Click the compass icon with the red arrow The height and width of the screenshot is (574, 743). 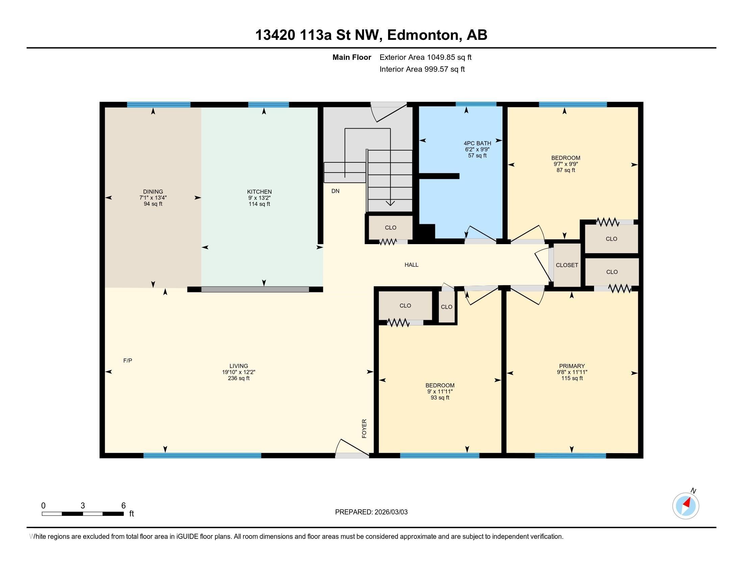[686, 506]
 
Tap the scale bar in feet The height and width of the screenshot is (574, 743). [83, 514]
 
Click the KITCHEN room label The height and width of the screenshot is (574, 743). [259, 192]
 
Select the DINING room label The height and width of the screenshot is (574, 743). [153, 192]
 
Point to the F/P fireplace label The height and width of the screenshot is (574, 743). [128, 361]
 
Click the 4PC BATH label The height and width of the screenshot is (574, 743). [477, 143]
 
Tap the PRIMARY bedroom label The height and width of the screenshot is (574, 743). [572, 366]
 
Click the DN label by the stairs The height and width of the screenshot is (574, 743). [335, 191]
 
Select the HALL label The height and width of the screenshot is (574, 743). [411, 265]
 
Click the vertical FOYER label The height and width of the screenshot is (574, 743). [364, 428]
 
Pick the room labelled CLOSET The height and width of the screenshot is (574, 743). [567, 265]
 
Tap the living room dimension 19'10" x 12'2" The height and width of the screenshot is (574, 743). [238, 372]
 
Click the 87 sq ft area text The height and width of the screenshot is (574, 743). [566, 170]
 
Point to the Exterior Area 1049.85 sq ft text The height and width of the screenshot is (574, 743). [425, 57]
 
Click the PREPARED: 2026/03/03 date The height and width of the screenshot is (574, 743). [371, 512]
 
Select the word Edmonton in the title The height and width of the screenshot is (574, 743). [423, 35]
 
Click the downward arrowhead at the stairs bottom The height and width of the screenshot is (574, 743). [390, 203]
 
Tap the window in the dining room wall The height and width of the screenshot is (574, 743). [158, 104]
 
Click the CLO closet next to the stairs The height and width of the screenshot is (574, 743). [390, 228]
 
